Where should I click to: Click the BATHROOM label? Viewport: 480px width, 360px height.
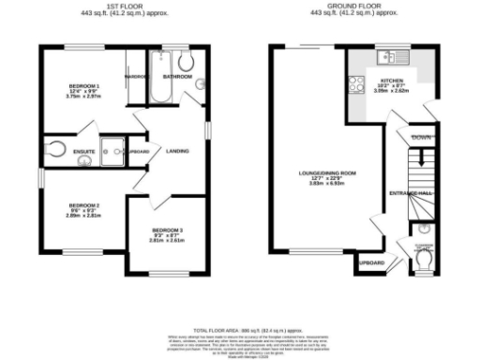click(x=177, y=75)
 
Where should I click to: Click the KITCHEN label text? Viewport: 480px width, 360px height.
click(x=390, y=82)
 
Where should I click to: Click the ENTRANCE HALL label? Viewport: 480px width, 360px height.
click(x=410, y=193)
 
